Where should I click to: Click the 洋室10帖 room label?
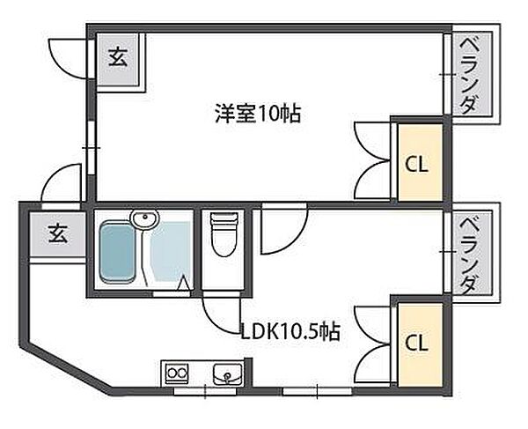coord(257,113)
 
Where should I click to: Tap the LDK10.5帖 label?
coord(290,332)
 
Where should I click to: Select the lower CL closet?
coord(417,342)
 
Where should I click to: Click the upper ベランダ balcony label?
coord(470,76)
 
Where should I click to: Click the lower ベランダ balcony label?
coord(470,254)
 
